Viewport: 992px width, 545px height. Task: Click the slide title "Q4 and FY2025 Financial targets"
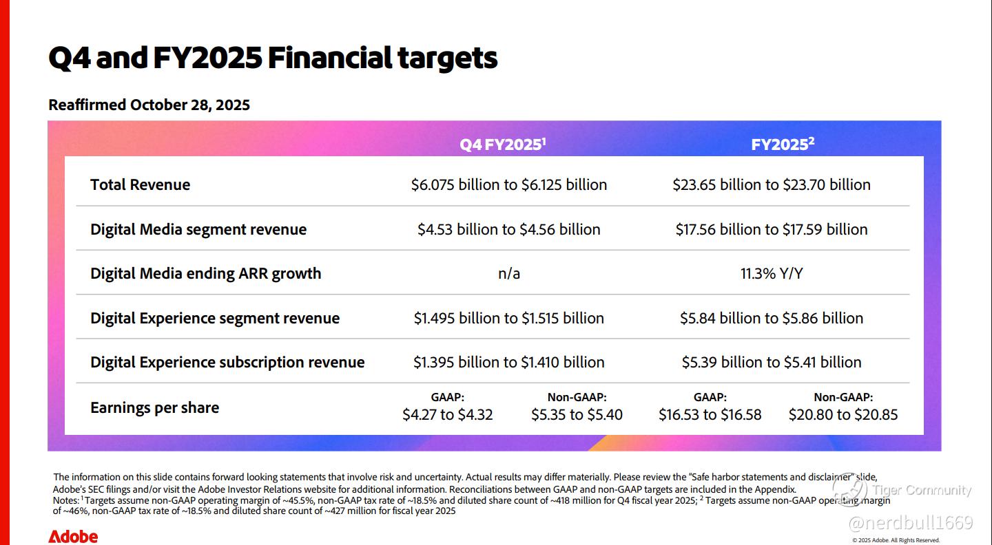click(x=273, y=58)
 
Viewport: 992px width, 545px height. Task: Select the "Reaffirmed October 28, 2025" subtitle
click(x=149, y=105)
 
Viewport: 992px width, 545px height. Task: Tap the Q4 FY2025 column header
click(x=503, y=145)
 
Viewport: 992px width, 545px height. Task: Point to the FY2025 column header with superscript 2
click(x=783, y=145)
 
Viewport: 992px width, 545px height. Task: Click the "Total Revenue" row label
click(x=140, y=184)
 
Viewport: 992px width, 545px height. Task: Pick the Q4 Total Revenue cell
click(x=509, y=184)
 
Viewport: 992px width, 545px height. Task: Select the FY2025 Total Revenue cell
click(x=772, y=184)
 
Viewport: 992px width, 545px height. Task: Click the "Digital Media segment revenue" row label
click(x=198, y=229)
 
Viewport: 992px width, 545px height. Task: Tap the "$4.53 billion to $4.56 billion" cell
click(x=509, y=229)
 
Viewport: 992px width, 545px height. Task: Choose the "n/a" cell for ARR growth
click(x=509, y=273)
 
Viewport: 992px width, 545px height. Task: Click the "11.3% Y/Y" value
click(x=772, y=273)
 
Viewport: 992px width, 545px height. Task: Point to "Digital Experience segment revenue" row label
click(x=215, y=318)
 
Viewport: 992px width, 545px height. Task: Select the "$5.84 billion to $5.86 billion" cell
click(x=772, y=318)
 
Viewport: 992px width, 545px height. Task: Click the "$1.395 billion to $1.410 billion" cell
click(x=509, y=362)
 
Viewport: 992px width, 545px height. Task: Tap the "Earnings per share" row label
click(x=155, y=407)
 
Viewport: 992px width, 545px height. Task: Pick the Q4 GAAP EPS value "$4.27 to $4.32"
click(x=448, y=414)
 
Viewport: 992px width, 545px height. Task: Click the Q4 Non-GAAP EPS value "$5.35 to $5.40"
click(x=577, y=414)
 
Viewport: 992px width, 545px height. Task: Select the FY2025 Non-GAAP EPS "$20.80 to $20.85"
click(x=843, y=414)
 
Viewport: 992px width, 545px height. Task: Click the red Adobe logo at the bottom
click(x=73, y=537)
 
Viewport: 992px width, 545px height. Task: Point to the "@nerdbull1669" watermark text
click(x=910, y=523)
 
